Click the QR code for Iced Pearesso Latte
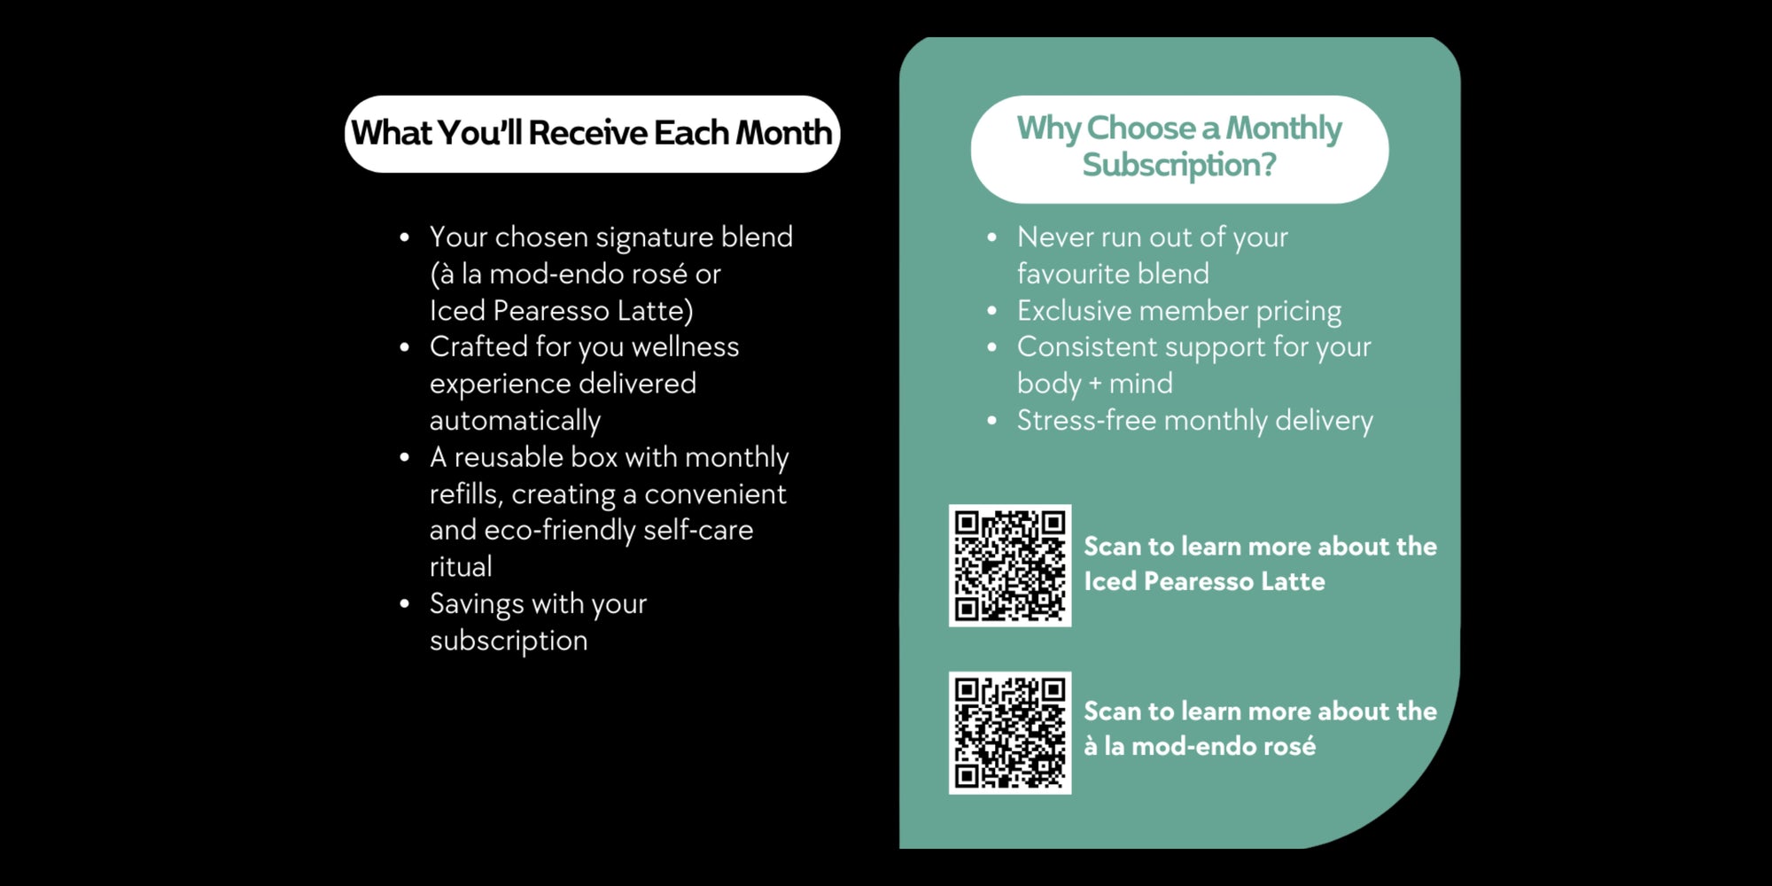click(x=1010, y=565)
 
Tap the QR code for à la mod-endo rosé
click(x=1010, y=733)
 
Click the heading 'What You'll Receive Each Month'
click(x=592, y=133)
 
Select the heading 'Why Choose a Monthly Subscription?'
click(x=1179, y=147)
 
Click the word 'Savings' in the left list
click(x=477, y=605)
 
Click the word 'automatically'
click(x=516, y=421)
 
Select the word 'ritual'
click(x=461, y=566)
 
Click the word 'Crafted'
click(x=478, y=346)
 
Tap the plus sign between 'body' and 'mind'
click(x=1095, y=385)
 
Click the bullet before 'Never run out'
click(x=992, y=237)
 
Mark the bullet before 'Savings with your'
click(x=405, y=604)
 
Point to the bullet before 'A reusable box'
click(x=405, y=458)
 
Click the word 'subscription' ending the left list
click(x=509, y=641)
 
